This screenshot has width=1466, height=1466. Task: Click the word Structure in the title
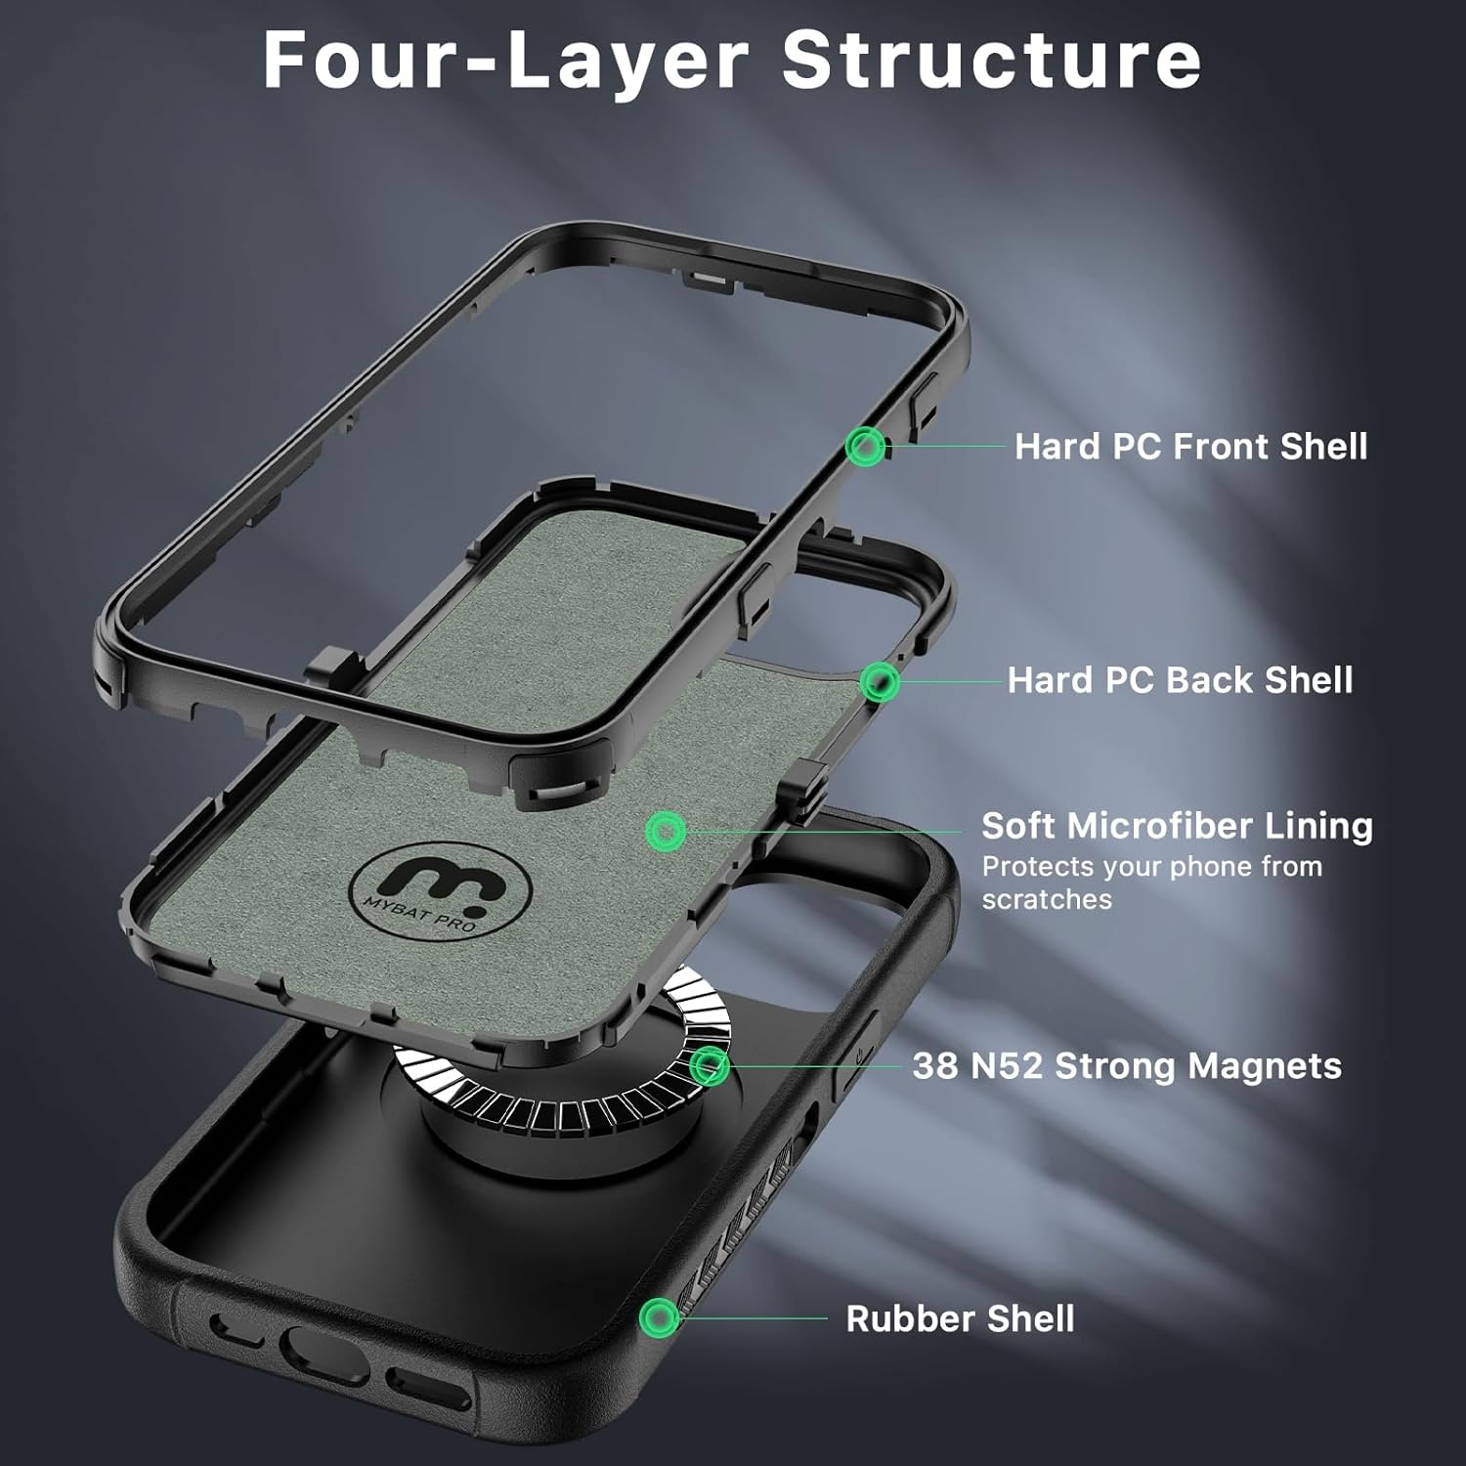click(991, 61)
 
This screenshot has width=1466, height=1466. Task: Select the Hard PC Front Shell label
click(1190, 447)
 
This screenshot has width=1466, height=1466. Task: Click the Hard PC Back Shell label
click(1180, 680)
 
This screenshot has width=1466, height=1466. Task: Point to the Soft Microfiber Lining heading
click(1177, 826)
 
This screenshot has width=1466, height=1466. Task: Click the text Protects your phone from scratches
click(1151, 883)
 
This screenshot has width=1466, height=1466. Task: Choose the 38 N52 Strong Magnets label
click(1126, 1065)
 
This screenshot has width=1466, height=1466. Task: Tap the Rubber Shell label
click(960, 1318)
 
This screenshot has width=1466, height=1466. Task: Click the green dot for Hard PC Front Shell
click(865, 447)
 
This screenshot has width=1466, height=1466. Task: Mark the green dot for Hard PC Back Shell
click(880, 681)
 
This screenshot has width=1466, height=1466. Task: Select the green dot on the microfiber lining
click(667, 832)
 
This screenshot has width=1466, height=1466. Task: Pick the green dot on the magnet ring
click(710, 1065)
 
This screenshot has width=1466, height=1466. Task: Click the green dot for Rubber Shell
click(660, 1317)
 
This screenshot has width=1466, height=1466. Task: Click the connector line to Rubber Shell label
click(753, 1317)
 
